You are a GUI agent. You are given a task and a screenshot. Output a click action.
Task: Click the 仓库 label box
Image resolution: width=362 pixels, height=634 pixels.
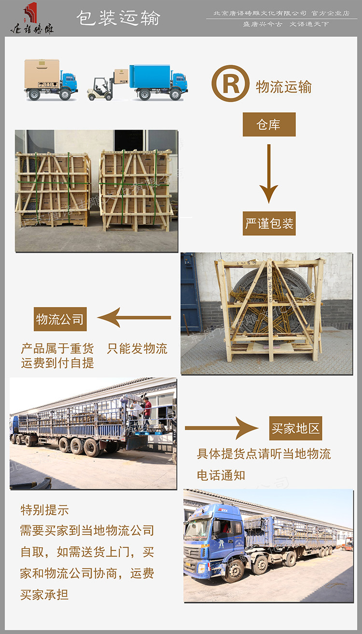(269, 124)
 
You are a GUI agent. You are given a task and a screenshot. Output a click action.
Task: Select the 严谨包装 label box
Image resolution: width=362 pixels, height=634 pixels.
(269, 223)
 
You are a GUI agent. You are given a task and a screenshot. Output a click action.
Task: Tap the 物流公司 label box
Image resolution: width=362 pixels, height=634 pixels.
(60, 319)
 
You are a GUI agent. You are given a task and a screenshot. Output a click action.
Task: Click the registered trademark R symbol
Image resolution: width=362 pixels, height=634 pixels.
(230, 84)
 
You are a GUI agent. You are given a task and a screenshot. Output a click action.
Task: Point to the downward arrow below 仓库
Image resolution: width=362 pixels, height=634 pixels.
(269, 174)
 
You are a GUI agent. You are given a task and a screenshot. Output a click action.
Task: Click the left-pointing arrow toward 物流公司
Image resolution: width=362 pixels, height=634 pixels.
(134, 318)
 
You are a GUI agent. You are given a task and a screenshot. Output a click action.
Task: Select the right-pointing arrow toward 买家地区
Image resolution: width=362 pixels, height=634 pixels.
(222, 428)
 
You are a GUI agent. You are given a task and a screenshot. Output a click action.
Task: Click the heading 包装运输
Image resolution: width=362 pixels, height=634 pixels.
(118, 18)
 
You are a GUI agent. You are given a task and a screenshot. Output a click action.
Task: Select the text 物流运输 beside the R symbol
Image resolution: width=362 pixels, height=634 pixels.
(284, 87)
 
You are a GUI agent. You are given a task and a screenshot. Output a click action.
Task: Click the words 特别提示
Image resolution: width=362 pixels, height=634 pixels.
(44, 510)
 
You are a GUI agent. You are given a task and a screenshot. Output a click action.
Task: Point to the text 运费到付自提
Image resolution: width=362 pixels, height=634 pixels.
(57, 363)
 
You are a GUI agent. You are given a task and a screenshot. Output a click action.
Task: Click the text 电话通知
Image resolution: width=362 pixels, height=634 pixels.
(221, 475)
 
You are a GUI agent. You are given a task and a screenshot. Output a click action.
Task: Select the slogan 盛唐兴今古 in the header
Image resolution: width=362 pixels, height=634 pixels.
(263, 24)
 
